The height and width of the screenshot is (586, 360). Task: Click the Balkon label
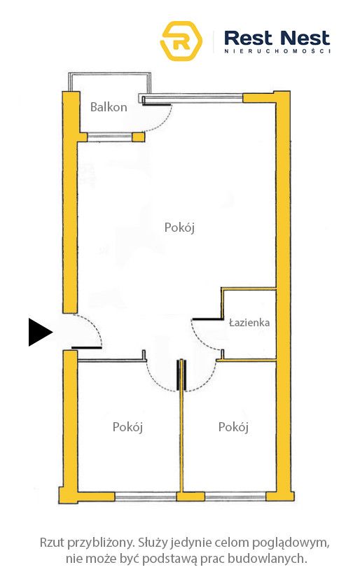pyautogui.click(x=109, y=107)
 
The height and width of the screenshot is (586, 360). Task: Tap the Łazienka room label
pyautogui.click(x=249, y=323)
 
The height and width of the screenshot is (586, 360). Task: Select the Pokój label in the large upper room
pyautogui.click(x=179, y=228)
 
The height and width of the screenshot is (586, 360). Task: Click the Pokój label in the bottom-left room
pyautogui.click(x=127, y=427)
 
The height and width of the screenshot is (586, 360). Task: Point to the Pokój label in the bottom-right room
pyautogui.click(x=233, y=427)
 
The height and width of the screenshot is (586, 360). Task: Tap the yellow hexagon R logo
pyautogui.click(x=181, y=41)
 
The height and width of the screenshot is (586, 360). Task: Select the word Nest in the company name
pyautogui.click(x=305, y=39)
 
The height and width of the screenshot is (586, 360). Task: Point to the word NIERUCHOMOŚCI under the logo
pyautogui.click(x=277, y=51)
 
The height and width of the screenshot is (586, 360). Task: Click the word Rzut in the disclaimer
pyautogui.click(x=52, y=543)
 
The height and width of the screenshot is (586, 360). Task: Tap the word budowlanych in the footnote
pyautogui.click(x=268, y=559)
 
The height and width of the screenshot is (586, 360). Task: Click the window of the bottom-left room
pyautogui.click(x=146, y=496)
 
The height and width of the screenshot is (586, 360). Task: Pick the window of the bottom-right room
pyautogui.click(x=235, y=496)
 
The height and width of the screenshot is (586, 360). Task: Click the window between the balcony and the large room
pyautogui.click(x=110, y=137)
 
